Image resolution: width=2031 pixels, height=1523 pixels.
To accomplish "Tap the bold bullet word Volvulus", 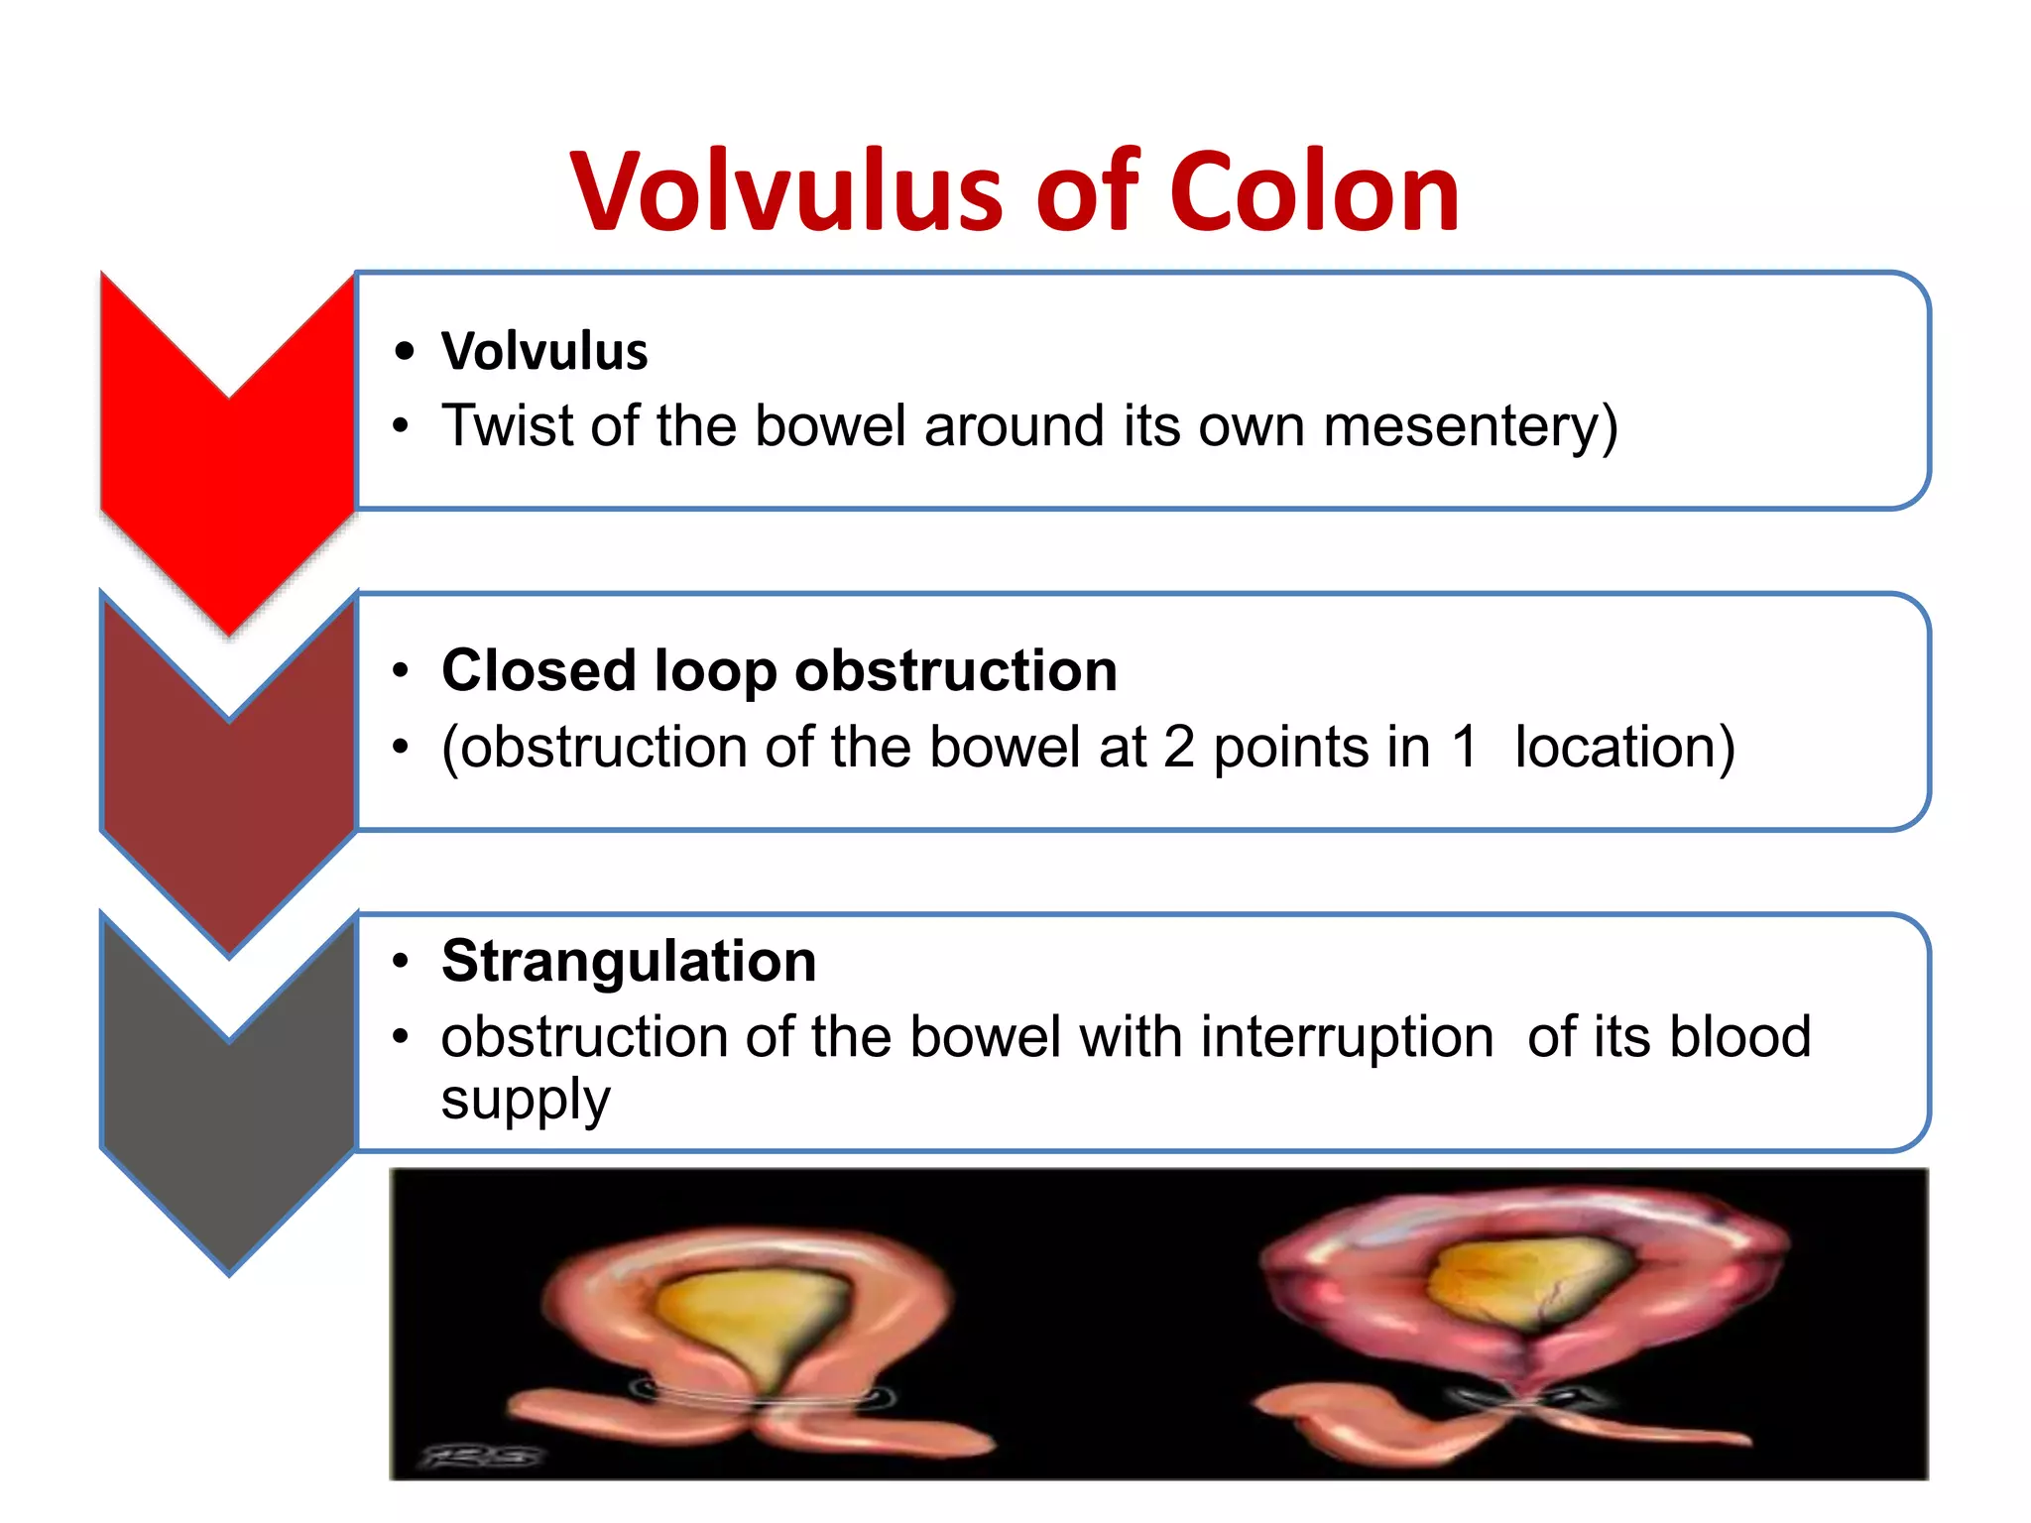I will (544, 351).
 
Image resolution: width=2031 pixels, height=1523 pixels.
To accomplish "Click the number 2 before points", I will (1179, 747).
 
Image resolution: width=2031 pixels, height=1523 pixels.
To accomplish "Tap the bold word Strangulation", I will (629, 961).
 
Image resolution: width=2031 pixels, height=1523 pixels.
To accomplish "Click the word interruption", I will (1347, 1037).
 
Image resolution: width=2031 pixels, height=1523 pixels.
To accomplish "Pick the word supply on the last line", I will (526, 1100).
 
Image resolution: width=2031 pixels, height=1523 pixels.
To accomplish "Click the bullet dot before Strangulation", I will (401, 961).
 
